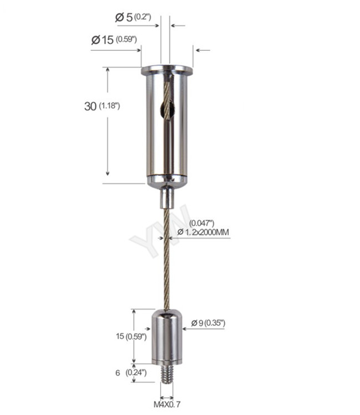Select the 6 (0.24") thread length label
(131, 373)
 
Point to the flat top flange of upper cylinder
(167, 71)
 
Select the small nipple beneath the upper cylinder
(167, 196)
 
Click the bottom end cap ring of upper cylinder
(167, 179)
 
